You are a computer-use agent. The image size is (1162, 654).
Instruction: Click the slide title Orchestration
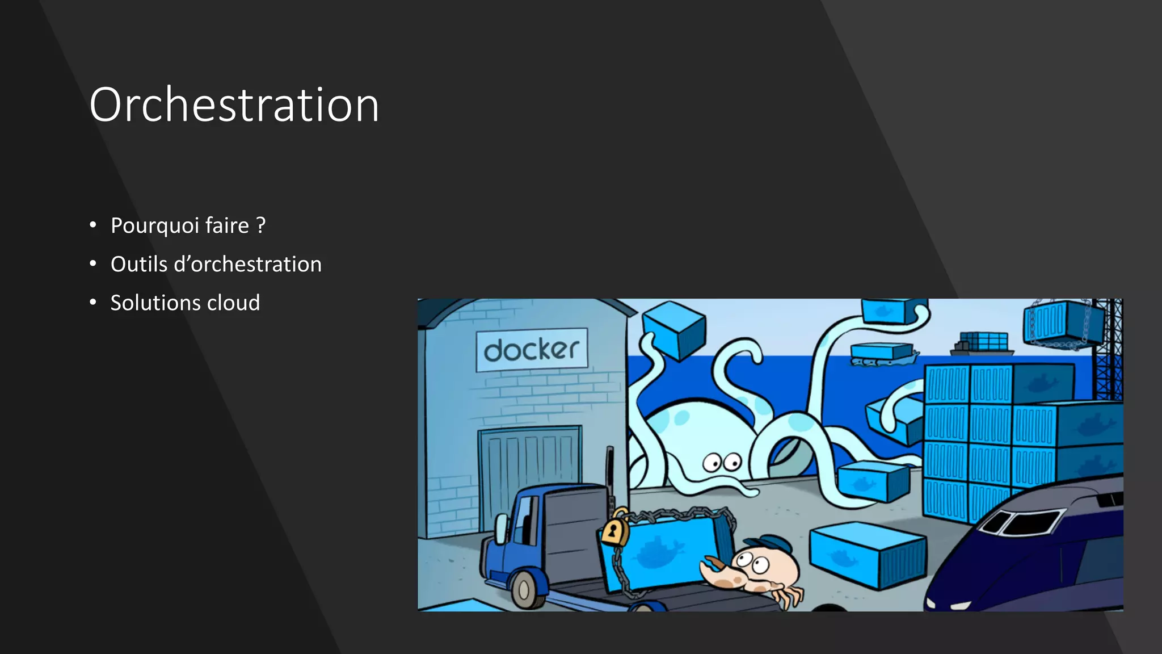[x=234, y=105]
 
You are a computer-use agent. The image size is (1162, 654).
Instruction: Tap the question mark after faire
[x=260, y=225]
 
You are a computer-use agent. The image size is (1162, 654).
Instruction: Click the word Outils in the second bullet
[x=139, y=265]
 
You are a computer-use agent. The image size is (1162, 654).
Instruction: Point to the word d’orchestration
[x=247, y=265]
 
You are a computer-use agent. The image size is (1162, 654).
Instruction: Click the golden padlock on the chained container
[x=613, y=531]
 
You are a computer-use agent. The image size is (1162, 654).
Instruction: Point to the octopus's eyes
[x=722, y=462]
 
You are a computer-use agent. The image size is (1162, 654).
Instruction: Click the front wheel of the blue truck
[x=524, y=589]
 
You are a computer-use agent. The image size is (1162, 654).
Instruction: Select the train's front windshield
[x=1021, y=521]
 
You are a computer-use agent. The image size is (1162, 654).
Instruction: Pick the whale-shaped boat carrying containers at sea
[x=883, y=354]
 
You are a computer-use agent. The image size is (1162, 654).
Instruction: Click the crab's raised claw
[x=716, y=571]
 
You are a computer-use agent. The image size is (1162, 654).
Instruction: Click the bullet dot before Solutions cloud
[x=93, y=303]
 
